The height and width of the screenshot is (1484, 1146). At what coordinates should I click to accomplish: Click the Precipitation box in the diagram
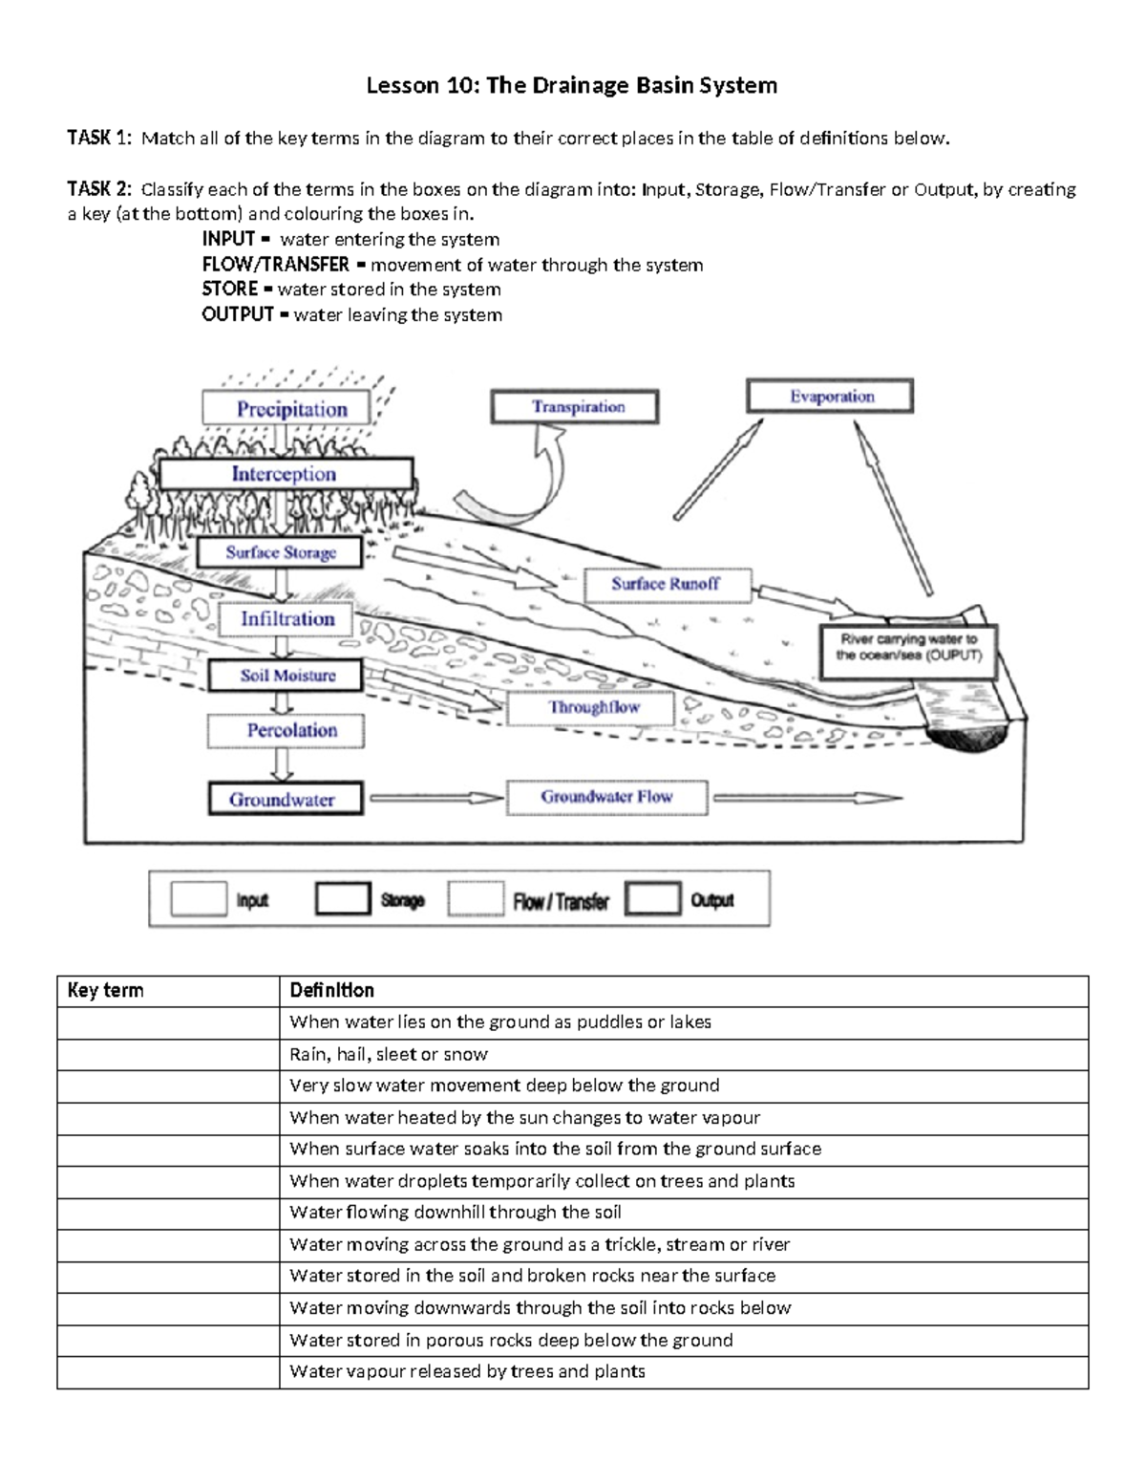tap(286, 408)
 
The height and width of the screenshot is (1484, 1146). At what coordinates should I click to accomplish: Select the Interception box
tap(285, 474)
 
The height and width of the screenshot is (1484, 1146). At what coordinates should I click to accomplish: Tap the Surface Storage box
tap(280, 552)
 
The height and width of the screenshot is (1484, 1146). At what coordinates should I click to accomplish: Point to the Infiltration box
tap(286, 619)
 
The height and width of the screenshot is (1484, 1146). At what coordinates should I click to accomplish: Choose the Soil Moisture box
tap(286, 676)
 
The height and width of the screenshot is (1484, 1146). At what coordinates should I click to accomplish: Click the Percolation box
tap(286, 731)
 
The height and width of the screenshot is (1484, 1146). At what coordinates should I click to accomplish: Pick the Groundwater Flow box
tap(606, 797)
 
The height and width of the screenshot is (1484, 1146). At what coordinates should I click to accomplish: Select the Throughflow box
tap(591, 708)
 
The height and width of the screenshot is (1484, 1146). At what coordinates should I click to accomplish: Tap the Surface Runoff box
tap(666, 584)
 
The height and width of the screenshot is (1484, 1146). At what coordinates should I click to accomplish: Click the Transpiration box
tap(575, 407)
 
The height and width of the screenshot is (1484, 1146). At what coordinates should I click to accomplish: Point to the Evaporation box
tap(830, 397)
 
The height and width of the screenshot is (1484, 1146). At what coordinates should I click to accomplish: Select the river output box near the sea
tap(907, 648)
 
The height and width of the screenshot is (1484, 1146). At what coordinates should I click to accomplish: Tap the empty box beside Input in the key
tap(199, 899)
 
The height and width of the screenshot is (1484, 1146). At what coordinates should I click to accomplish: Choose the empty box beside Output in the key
tap(653, 899)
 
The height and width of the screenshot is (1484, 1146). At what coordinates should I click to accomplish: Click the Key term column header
tap(106, 991)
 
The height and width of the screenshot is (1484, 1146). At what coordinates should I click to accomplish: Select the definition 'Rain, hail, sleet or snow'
tap(389, 1054)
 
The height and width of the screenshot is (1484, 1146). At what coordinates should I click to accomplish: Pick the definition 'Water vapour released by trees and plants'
tap(467, 1372)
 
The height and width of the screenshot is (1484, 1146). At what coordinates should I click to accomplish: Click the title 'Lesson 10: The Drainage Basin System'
tap(572, 86)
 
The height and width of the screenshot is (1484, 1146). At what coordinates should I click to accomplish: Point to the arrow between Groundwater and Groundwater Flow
tap(435, 798)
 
